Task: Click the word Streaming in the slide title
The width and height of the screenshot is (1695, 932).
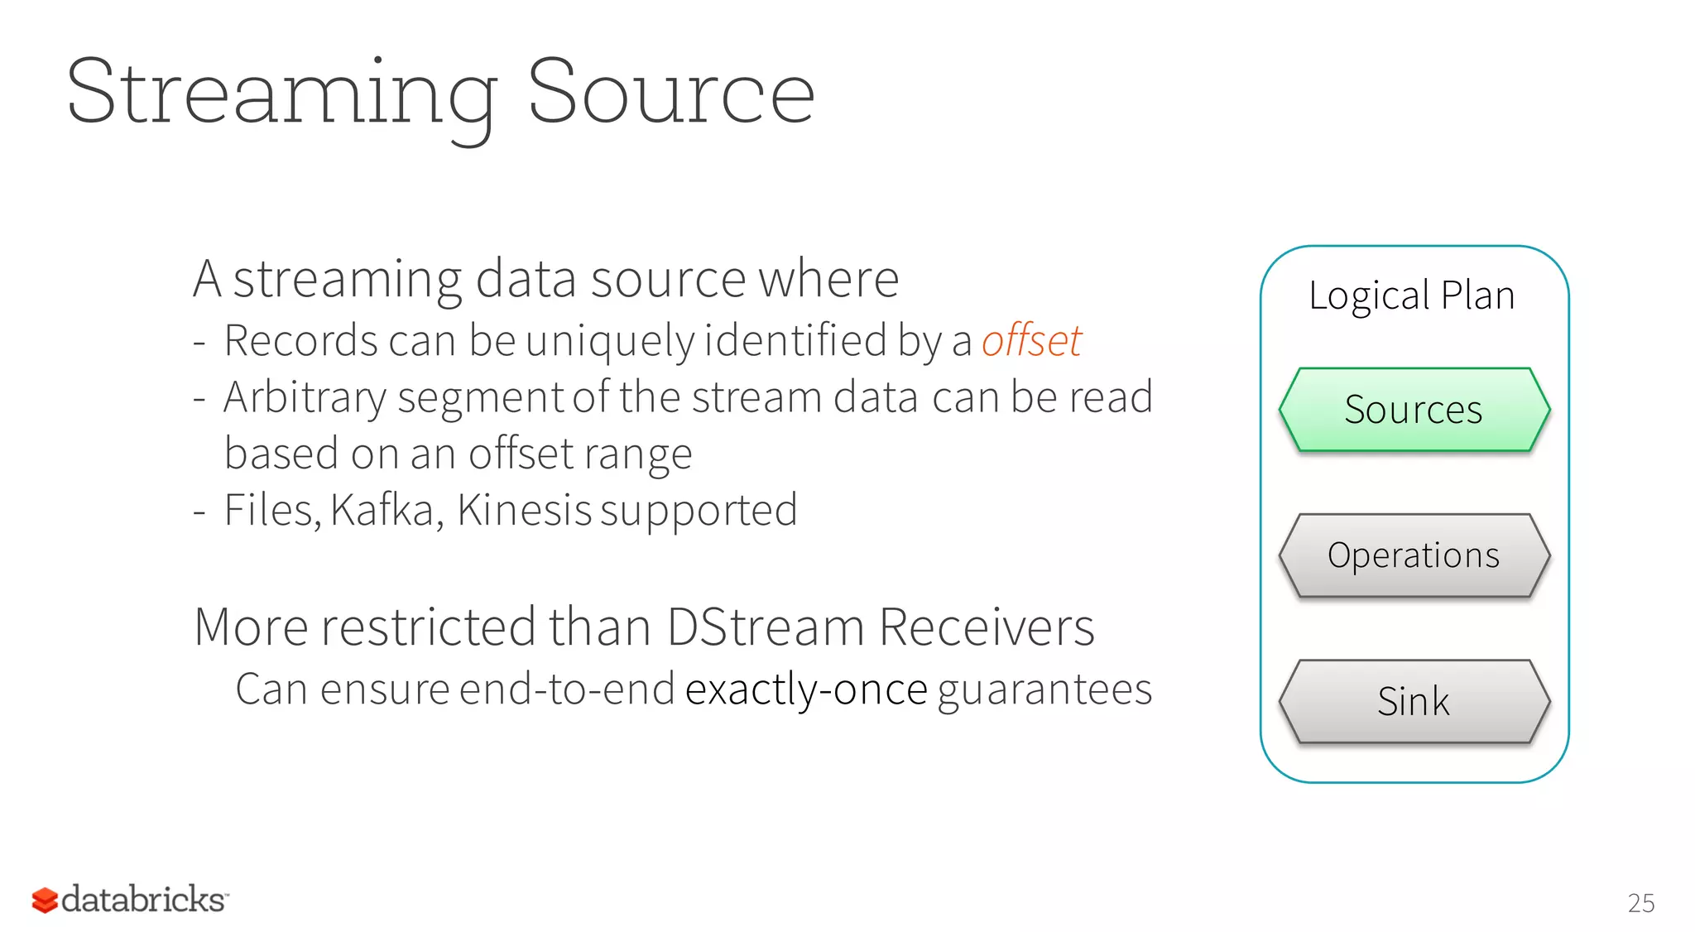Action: [x=281, y=93]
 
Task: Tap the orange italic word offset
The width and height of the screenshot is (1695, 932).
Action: [x=1031, y=340]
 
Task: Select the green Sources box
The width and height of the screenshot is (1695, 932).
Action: [x=1414, y=410]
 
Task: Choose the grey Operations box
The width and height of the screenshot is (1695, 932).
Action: [x=1414, y=555]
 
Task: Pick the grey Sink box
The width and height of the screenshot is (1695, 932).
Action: [x=1414, y=701]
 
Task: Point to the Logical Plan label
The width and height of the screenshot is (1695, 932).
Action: [x=1411, y=295]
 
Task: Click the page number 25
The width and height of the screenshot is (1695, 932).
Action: [x=1640, y=903]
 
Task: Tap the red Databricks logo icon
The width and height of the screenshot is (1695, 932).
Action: [x=45, y=900]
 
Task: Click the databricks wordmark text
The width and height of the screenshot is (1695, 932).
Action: [x=143, y=900]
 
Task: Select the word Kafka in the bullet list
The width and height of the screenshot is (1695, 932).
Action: [x=383, y=510]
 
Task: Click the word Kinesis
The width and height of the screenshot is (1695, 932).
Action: [x=524, y=510]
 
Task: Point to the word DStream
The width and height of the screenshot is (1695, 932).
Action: [x=766, y=627]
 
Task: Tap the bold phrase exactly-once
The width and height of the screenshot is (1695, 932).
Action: [x=806, y=689]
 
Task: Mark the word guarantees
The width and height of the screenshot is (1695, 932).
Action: [x=1044, y=689]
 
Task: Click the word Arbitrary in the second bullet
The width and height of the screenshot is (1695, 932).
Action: [x=305, y=397]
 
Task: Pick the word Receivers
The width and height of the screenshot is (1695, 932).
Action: [x=987, y=627]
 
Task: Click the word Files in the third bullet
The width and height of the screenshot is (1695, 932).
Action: [x=270, y=510]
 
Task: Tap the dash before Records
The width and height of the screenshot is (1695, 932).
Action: [x=199, y=342]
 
